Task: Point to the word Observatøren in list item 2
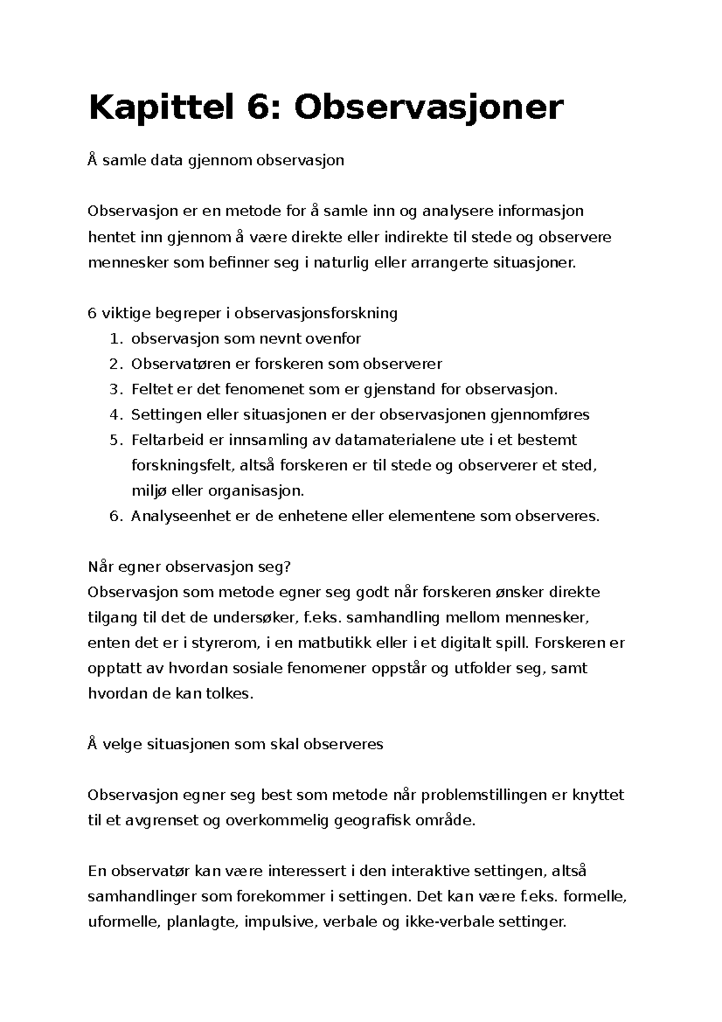click(172, 364)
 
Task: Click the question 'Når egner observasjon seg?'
click(189, 567)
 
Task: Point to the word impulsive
click(280, 922)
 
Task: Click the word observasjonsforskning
click(316, 314)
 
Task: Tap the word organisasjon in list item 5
click(256, 491)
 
